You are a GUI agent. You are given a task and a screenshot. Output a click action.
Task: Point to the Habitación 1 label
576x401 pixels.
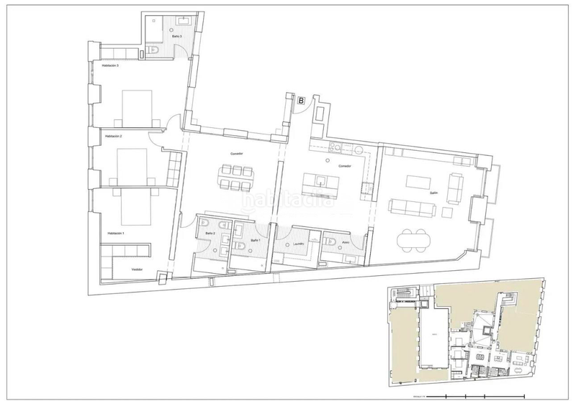point(116,234)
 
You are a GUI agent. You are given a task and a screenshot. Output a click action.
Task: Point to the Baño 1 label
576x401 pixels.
point(255,240)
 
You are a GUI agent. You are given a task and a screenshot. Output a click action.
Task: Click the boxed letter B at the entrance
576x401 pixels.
point(300,101)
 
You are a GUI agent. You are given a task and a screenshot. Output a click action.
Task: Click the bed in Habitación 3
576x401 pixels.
point(137,107)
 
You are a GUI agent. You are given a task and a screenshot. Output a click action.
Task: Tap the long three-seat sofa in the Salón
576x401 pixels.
point(412,208)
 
